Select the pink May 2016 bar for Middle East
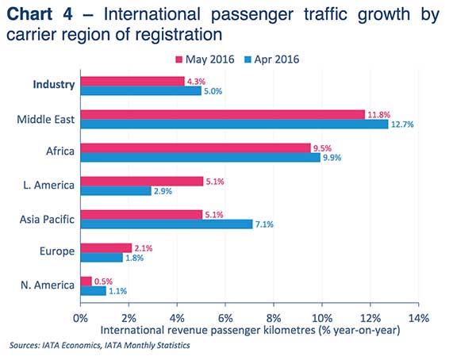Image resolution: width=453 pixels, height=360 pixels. click(x=222, y=114)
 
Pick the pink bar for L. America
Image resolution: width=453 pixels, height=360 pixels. click(x=142, y=181)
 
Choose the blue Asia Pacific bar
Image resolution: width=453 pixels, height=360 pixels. click(x=167, y=224)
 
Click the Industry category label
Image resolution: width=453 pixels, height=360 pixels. click(x=54, y=84)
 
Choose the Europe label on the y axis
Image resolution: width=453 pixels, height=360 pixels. click(x=57, y=251)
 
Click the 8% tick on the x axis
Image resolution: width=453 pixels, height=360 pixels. click(x=274, y=318)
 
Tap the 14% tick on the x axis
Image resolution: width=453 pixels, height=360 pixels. click(x=418, y=318)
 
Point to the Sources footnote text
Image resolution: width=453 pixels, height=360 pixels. click(x=100, y=346)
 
